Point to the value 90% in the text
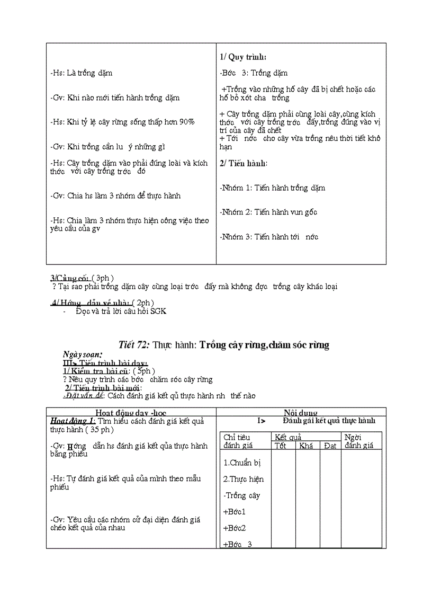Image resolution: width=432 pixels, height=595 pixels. pos(186,122)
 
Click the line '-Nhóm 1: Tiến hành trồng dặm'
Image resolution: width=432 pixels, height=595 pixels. pos(272,188)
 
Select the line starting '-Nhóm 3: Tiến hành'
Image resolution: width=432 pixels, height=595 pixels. pos(269,237)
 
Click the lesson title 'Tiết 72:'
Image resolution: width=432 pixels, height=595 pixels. pos(134,345)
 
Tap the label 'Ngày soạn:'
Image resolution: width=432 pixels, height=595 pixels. pos(82,354)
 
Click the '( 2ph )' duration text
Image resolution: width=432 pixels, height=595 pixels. pos(143,303)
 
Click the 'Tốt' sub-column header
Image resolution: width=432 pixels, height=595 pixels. pos(281,446)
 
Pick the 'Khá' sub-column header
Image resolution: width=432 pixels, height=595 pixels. pos(306,446)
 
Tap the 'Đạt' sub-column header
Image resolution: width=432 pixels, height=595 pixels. pos(330,446)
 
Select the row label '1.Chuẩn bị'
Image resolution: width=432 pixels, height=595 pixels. pos(242,463)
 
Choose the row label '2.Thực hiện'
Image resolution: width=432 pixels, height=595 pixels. pos(243,479)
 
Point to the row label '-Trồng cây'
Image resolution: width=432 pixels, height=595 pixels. pos(241,495)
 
